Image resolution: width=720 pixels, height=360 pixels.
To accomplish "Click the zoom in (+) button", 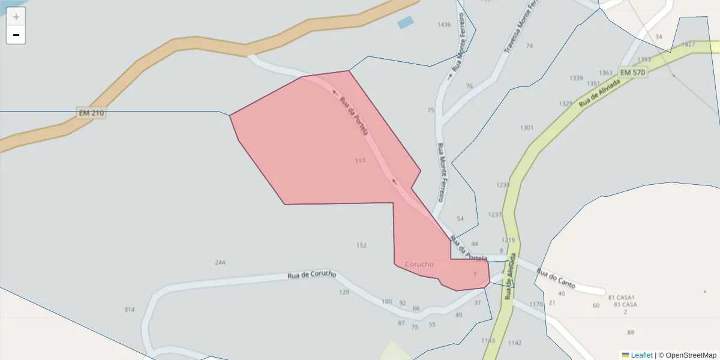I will tap(16, 17).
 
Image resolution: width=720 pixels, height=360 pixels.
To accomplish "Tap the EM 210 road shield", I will tap(91, 113).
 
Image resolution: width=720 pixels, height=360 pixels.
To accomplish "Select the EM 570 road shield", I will tap(632, 73).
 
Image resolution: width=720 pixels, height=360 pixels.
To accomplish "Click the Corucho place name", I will tap(419, 264).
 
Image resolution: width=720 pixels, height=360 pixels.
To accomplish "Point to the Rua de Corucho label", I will tap(312, 275).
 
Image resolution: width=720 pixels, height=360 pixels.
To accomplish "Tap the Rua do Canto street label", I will tap(556, 278).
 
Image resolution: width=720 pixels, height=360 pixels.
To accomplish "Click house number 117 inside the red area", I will tap(360, 161).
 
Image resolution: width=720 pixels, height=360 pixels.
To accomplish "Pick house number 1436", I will tap(444, 25).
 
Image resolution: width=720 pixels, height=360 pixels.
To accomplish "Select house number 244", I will tap(220, 263).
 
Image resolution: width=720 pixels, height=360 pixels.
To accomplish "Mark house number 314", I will tap(130, 310).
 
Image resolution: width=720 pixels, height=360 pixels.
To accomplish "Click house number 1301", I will tap(527, 128).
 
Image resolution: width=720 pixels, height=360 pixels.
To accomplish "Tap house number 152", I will tap(361, 245).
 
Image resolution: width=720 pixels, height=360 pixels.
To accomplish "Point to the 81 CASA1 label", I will tap(621, 298).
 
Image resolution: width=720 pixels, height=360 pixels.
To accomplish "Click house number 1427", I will tap(688, 45).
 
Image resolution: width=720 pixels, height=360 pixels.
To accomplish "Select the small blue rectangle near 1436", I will tap(406, 23).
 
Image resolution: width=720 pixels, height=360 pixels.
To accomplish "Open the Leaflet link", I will tap(641, 355).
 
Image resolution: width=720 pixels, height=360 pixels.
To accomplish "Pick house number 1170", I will tap(536, 305).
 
